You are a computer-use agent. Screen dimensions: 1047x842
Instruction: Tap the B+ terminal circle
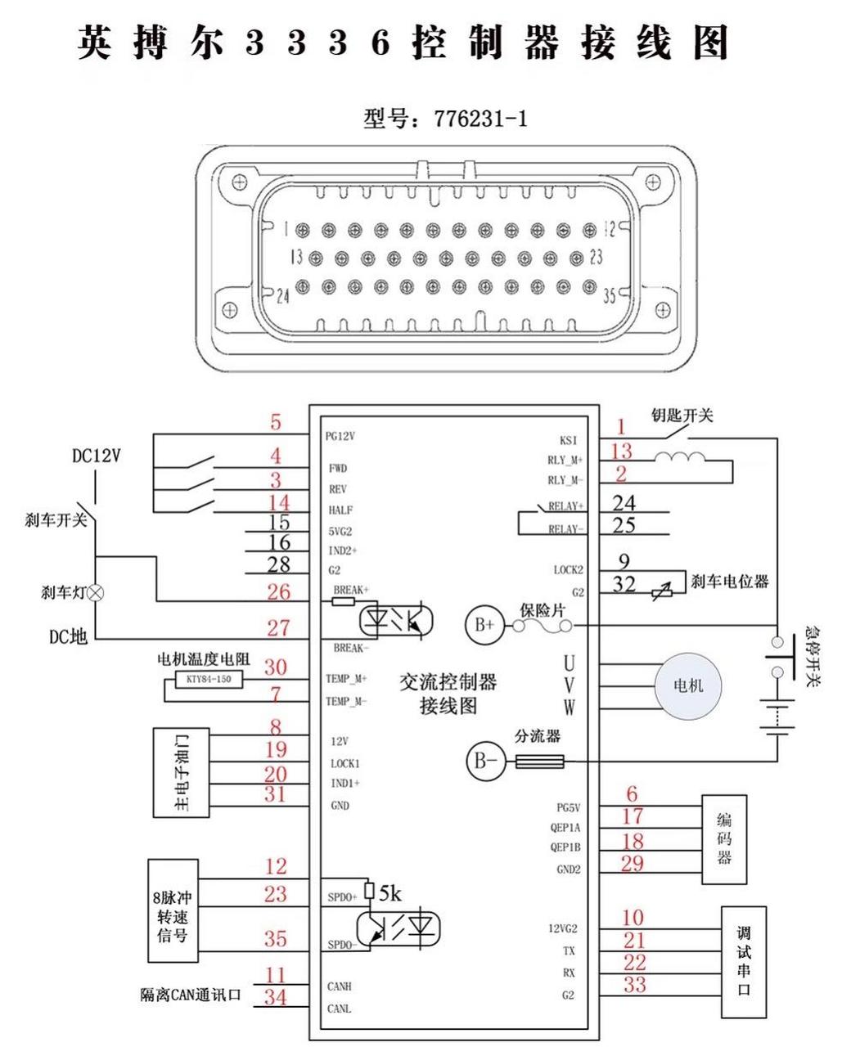point(481,626)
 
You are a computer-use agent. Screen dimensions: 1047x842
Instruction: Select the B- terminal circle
point(481,762)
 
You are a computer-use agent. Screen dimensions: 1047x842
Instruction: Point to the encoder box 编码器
point(724,839)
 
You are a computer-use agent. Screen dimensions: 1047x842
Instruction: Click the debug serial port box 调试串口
point(743,961)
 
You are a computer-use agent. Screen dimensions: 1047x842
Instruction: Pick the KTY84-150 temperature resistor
point(208,680)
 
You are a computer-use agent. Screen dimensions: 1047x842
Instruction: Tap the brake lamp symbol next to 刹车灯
point(96,592)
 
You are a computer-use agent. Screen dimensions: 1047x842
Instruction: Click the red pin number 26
point(278,591)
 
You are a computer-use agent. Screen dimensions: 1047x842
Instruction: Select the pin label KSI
point(569,440)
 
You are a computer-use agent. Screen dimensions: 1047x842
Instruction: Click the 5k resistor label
point(389,895)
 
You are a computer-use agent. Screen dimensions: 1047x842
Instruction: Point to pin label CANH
point(339,987)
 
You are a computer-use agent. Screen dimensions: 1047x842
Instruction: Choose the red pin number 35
point(276,938)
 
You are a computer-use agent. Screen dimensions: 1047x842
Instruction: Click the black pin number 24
point(624,503)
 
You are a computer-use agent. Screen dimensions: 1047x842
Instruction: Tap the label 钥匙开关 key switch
point(682,416)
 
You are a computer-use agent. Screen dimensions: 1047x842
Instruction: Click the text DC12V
point(96,456)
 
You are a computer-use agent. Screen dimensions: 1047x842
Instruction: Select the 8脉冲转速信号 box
point(172,910)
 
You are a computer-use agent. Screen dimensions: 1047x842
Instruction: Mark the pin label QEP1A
point(565,828)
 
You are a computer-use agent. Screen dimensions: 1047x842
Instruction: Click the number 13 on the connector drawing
point(295,257)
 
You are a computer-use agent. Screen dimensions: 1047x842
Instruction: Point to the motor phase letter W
point(569,708)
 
